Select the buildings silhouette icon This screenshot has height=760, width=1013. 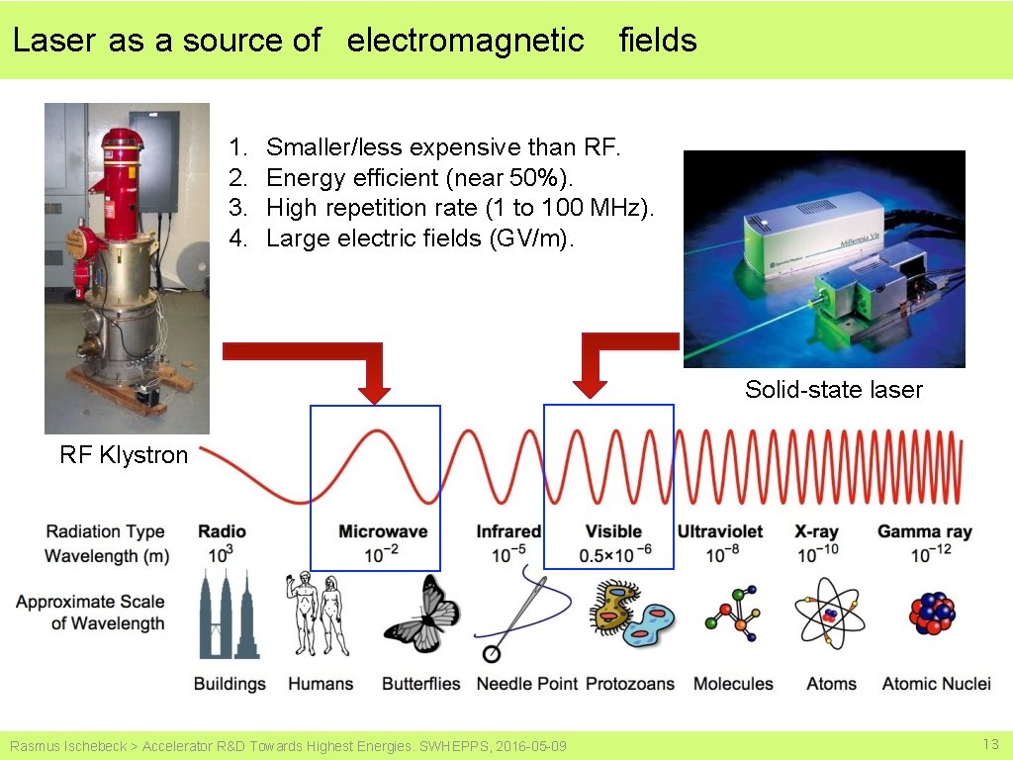tap(229, 619)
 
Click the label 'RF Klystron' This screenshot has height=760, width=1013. tap(124, 455)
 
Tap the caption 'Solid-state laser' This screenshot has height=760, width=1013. tap(833, 390)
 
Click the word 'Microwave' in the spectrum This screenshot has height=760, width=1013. tap(383, 531)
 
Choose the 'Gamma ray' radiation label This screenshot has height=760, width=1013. tap(924, 531)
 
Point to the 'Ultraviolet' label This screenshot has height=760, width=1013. tap(719, 531)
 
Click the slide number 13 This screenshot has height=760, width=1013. tap(990, 744)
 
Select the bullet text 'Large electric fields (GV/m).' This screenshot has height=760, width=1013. tap(419, 238)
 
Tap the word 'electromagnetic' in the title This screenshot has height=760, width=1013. tap(465, 41)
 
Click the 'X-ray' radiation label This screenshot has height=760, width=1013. tap(817, 531)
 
